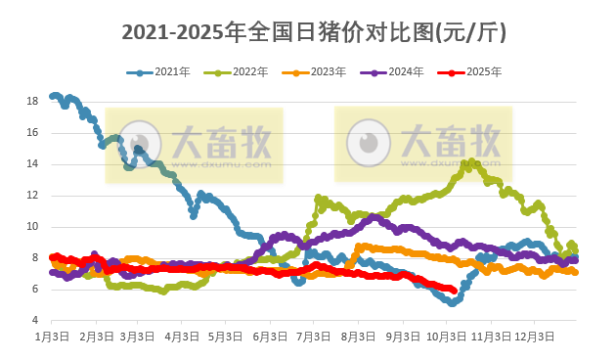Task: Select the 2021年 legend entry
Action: (163, 72)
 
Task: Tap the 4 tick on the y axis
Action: (33, 321)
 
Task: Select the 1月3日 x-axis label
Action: (52, 336)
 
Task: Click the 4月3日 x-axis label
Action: (181, 336)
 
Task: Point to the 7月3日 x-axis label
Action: (314, 336)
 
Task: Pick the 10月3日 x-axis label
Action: (447, 336)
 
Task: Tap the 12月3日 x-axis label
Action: (535, 336)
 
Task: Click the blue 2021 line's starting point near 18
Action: (52, 96)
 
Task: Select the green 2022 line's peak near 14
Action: (472, 162)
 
